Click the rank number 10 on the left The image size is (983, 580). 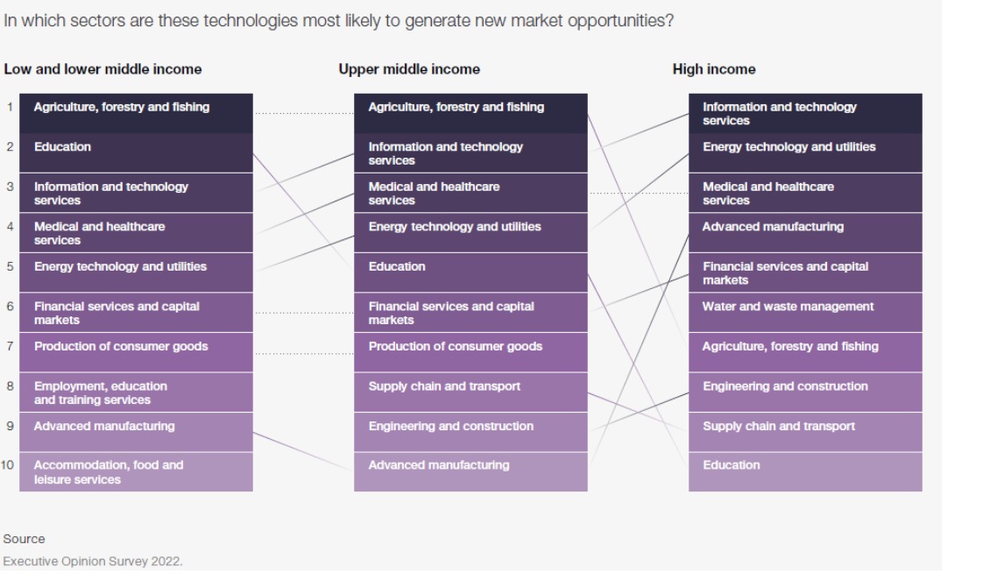[8, 465]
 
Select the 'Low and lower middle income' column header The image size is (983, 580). [103, 69]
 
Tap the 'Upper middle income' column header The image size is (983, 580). [409, 69]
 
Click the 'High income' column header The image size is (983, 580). [714, 69]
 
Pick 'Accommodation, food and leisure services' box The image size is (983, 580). [136, 472]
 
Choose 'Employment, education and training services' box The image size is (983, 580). [136, 393]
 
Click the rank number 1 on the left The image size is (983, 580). [10, 107]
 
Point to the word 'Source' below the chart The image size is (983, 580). [24, 539]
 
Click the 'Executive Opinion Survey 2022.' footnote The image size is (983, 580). [93, 562]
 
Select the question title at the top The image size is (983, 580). [338, 21]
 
